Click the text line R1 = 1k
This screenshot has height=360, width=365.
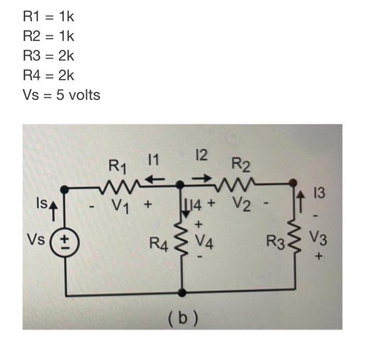click(x=48, y=17)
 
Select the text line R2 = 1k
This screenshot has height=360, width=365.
click(x=48, y=36)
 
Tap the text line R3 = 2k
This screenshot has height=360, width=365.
click(x=48, y=56)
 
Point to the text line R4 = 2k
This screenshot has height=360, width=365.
click(x=48, y=76)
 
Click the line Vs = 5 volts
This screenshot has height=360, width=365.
click(x=62, y=95)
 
